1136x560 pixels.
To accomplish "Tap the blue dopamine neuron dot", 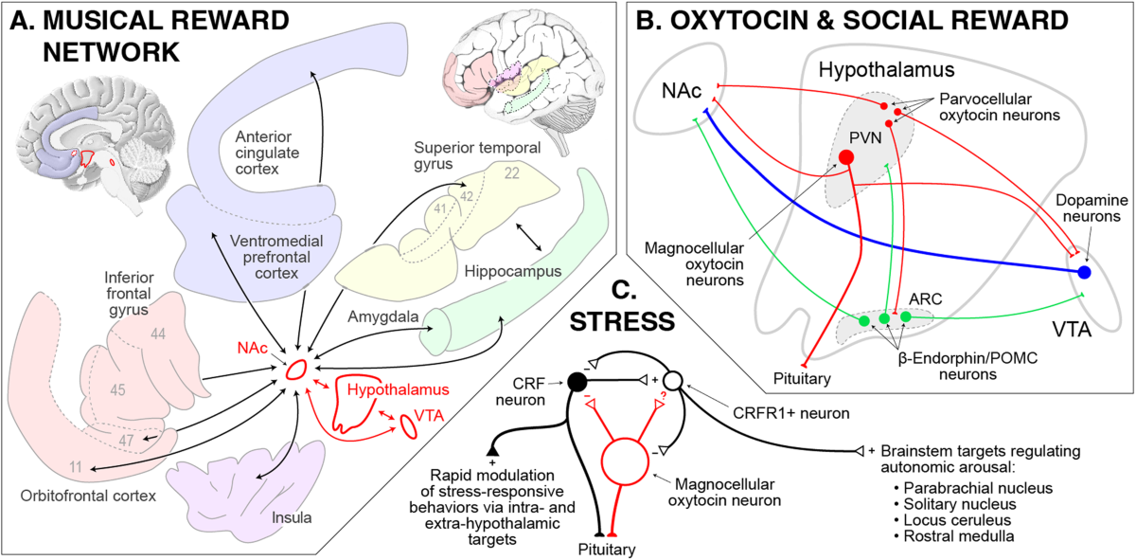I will point(1085,273).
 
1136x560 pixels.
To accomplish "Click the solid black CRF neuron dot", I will point(574,382).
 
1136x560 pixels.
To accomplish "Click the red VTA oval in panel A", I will point(411,425).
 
